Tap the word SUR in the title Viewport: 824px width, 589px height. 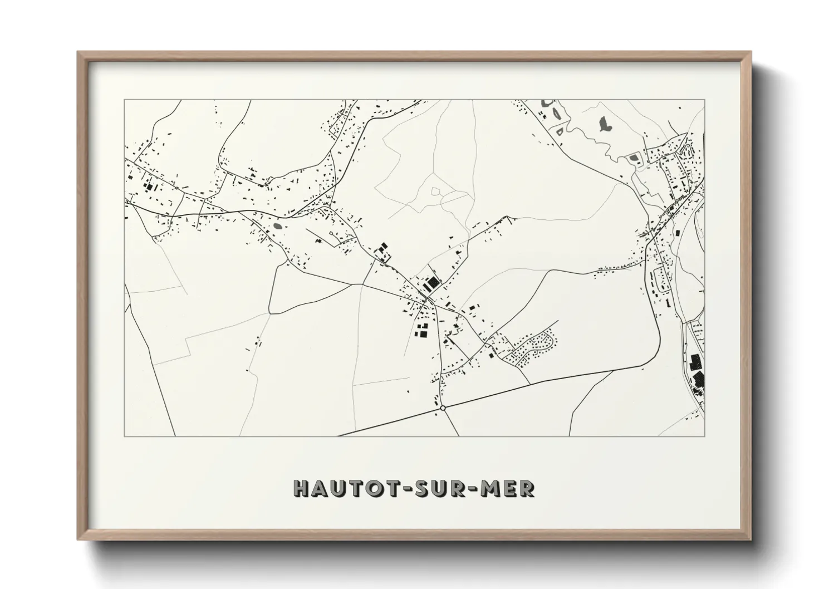coord(434,488)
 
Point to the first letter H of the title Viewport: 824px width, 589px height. coord(301,488)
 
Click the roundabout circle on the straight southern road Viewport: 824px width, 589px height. coord(443,408)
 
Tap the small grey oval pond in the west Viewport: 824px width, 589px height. coord(278,227)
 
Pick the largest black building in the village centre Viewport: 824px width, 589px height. coord(431,283)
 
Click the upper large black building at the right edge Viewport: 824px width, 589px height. coord(695,362)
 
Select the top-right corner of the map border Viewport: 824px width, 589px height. coord(704,100)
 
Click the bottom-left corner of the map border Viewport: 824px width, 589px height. coord(124,436)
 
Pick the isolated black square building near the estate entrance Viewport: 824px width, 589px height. coord(491,355)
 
